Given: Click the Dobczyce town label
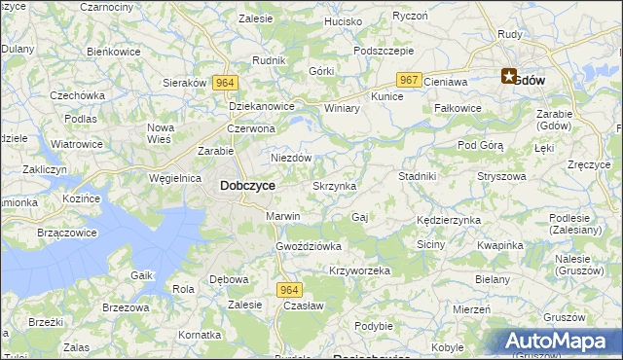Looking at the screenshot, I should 247,185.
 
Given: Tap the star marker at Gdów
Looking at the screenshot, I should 509,76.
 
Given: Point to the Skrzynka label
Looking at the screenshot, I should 334,186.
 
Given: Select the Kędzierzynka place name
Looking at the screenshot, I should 448,221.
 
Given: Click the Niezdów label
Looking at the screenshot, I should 290,158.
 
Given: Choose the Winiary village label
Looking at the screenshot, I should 342,108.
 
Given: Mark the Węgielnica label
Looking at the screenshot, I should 176,179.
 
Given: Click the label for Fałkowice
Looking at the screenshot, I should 458,108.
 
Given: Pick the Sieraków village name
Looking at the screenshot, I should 184,83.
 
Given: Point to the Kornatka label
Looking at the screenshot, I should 201,335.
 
